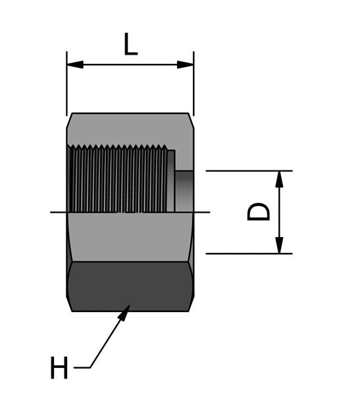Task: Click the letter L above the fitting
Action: [x=131, y=44]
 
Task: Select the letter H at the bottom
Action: [x=59, y=367]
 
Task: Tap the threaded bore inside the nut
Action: [x=118, y=179]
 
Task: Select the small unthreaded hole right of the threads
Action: [x=185, y=190]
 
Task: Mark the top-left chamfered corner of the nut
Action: [x=69, y=117]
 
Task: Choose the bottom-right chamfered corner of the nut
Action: [x=191, y=306]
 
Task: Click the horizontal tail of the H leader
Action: [x=82, y=367]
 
